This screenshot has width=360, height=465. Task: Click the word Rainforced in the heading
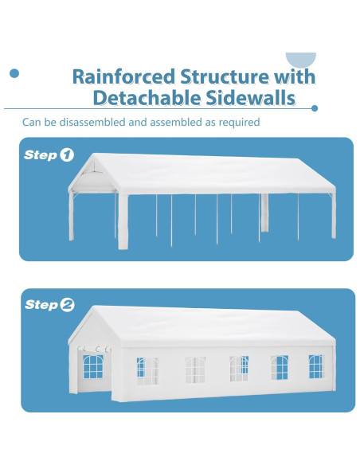(123, 76)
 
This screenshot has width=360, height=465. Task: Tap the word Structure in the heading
(224, 76)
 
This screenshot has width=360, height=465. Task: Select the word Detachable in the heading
(147, 98)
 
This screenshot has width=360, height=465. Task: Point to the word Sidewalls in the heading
(251, 98)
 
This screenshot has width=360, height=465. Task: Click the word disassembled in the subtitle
(92, 122)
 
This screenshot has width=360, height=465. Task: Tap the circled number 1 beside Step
(67, 154)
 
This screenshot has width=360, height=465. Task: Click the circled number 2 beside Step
(67, 305)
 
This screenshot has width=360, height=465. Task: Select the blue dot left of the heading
(14, 73)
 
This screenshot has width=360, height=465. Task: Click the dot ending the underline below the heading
(315, 108)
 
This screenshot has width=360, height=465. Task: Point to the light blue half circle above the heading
(301, 59)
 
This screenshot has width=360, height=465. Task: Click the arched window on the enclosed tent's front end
(93, 366)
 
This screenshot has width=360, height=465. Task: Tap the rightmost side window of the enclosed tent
(315, 366)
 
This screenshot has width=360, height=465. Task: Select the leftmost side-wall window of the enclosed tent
(147, 371)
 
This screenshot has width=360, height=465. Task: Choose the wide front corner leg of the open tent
(123, 221)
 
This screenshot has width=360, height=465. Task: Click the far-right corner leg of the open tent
(334, 216)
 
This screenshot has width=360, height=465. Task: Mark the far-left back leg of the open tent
(71, 217)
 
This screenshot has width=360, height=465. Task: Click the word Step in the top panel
(41, 155)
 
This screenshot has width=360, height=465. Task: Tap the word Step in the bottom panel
(41, 305)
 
